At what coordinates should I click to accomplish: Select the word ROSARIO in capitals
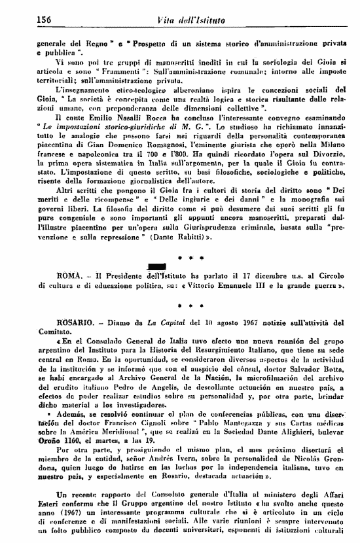56,322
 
